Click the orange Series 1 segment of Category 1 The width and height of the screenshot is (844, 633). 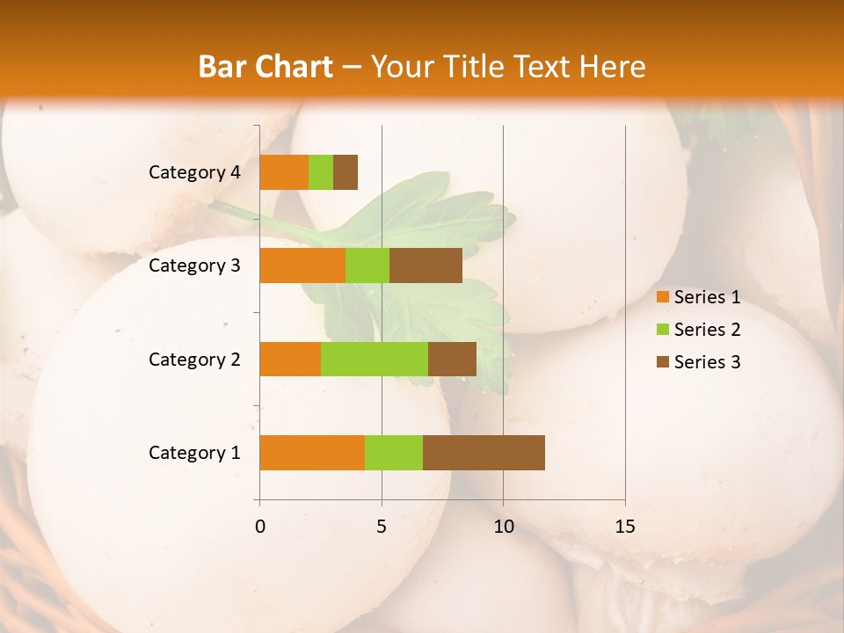[x=312, y=453]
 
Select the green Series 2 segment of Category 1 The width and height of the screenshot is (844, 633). [x=394, y=453]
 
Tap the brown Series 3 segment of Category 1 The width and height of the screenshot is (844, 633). [x=484, y=453]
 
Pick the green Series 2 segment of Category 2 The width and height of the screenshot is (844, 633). [x=375, y=359]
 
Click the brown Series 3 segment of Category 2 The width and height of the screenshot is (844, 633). [x=452, y=359]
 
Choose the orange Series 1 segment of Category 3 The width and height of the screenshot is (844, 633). [x=302, y=266]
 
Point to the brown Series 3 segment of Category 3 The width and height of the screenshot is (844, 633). [x=426, y=266]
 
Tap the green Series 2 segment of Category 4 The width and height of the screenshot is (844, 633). [x=321, y=172]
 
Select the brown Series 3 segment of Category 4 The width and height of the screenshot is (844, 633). [x=346, y=172]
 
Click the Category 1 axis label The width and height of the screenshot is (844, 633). [x=194, y=453]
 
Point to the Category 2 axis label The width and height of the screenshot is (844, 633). [x=194, y=359]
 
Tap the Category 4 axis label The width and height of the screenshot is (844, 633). [x=194, y=172]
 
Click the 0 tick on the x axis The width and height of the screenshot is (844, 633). [x=260, y=527]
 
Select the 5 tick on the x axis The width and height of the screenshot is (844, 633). [x=382, y=527]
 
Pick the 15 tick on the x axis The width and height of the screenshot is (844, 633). [x=624, y=527]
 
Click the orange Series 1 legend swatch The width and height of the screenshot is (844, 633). [x=662, y=297]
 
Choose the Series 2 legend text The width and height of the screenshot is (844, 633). [x=707, y=330]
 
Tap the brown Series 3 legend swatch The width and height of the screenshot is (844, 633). [x=662, y=362]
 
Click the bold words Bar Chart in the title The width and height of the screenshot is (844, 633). [x=266, y=67]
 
